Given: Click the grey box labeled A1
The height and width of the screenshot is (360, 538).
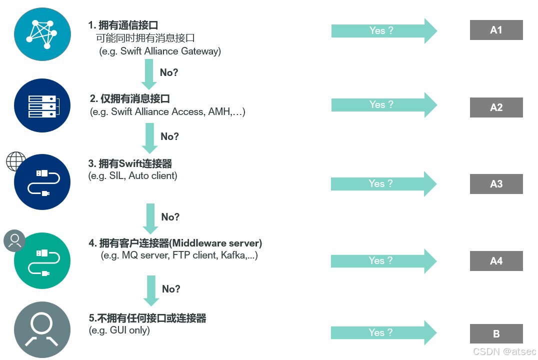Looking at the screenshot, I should pos(496,30).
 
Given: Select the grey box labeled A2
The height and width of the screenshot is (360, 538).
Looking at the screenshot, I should pos(496,107).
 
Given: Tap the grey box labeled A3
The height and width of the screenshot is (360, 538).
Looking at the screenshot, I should pos(496,184).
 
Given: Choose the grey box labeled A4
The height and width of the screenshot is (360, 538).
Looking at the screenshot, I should pos(496,261).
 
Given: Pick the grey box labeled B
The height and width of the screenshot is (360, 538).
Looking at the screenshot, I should pos(496,334).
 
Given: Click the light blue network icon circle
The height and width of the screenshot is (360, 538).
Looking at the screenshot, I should pos(42,33).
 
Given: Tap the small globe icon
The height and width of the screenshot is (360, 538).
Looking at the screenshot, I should pos(15,162).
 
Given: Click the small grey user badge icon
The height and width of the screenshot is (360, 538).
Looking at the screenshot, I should pos(14,240).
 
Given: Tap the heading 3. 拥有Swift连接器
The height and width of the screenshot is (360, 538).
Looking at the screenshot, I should pos(130,163).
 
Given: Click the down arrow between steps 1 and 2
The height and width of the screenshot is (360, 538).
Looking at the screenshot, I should pos(148,73).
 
